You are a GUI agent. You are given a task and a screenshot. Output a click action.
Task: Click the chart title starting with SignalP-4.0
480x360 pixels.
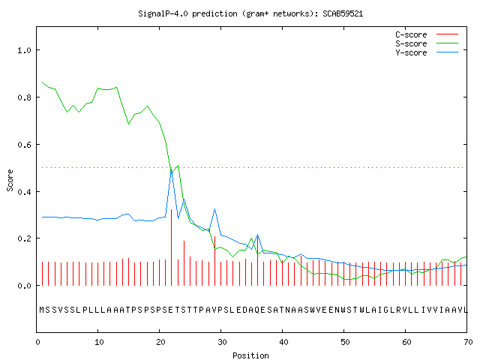click(x=250, y=13)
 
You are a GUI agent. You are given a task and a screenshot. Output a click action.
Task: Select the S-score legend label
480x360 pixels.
click(x=411, y=43)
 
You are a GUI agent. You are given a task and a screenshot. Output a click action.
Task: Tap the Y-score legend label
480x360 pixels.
click(x=411, y=52)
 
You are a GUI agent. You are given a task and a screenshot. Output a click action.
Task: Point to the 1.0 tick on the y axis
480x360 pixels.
click(x=24, y=50)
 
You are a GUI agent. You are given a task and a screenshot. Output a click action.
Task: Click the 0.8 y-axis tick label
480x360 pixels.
click(x=24, y=97)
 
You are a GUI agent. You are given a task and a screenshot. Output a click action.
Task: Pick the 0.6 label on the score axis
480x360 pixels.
click(x=24, y=145)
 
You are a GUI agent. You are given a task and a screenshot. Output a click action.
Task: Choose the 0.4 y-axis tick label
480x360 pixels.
click(x=24, y=192)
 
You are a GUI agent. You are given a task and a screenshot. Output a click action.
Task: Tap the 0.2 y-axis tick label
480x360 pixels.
click(x=24, y=238)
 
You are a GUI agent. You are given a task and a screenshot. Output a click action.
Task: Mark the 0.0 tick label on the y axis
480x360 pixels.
click(x=24, y=286)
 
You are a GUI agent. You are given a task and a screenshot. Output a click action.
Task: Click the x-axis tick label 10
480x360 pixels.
click(x=99, y=342)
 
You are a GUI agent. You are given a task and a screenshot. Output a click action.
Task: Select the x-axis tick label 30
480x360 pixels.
click(x=222, y=342)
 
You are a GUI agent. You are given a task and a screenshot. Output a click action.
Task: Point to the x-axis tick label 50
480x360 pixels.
click(x=345, y=342)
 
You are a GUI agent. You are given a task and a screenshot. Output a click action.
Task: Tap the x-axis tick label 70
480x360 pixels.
click(x=468, y=342)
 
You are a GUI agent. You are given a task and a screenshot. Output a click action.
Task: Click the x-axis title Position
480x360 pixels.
click(x=250, y=355)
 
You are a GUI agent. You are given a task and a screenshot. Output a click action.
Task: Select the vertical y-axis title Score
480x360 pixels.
click(x=10, y=180)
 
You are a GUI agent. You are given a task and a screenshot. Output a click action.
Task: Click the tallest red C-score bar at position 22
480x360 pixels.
click(x=172, y=247)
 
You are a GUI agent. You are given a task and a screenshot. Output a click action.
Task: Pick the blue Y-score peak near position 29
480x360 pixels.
click(x=215, y=209)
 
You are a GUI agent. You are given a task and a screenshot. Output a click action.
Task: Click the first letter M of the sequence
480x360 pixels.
click(x=42, y=310)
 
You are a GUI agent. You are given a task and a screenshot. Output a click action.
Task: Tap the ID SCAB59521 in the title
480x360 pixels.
click(x=343, y=13)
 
